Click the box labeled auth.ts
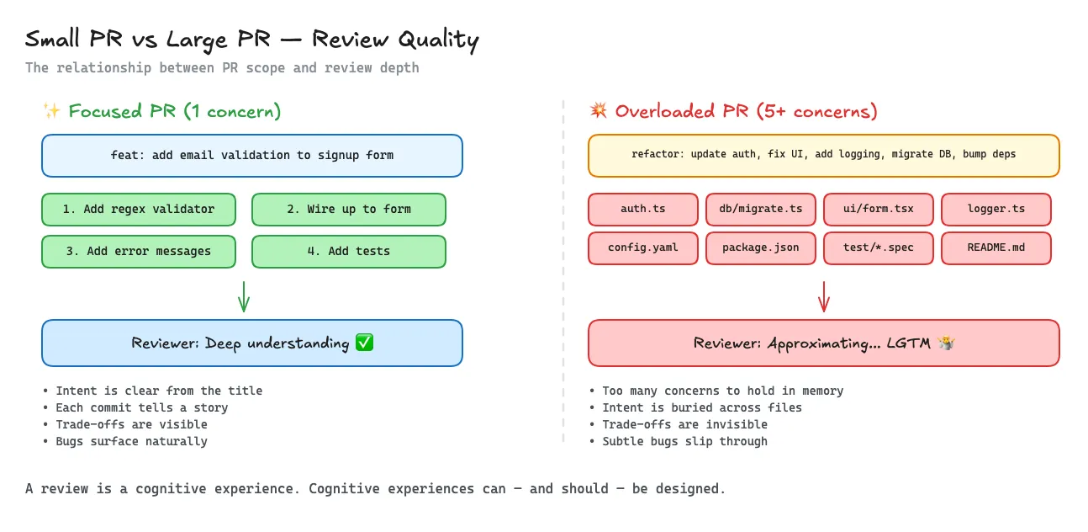pos(643,210)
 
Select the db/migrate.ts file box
pos(761,210)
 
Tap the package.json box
pos(761,248)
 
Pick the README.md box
pos(996,248)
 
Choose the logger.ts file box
pos(996,210)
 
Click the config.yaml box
pos(643,248)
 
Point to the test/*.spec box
pos(879,248)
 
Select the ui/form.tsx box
pos(879,210)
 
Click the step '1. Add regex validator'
pos(139,210)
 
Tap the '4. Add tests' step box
pos(349,251)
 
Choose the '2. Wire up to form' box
pos(349,210)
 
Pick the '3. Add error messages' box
pos(139,251)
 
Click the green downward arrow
pos(244,295)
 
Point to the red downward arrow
pos(824,295)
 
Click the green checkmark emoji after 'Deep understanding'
pos(364,343)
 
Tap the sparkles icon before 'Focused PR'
pos(51,111)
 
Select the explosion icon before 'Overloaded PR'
pos(598,111)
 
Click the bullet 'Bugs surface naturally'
pos(131,441)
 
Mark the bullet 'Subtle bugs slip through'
pos(684,441)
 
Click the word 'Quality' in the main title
pos(437,40)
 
